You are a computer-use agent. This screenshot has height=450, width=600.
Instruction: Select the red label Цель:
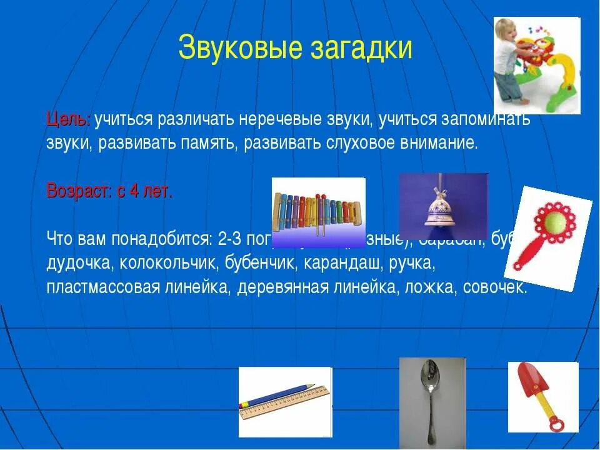pos(69,119)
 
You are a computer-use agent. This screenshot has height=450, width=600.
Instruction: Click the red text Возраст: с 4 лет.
pos(109,191)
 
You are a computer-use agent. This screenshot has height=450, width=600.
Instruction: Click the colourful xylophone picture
pos(317,211)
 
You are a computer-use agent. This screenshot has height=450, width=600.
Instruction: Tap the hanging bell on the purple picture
pos(443,209)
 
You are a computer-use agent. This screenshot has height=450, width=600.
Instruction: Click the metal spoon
pos(432,400)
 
